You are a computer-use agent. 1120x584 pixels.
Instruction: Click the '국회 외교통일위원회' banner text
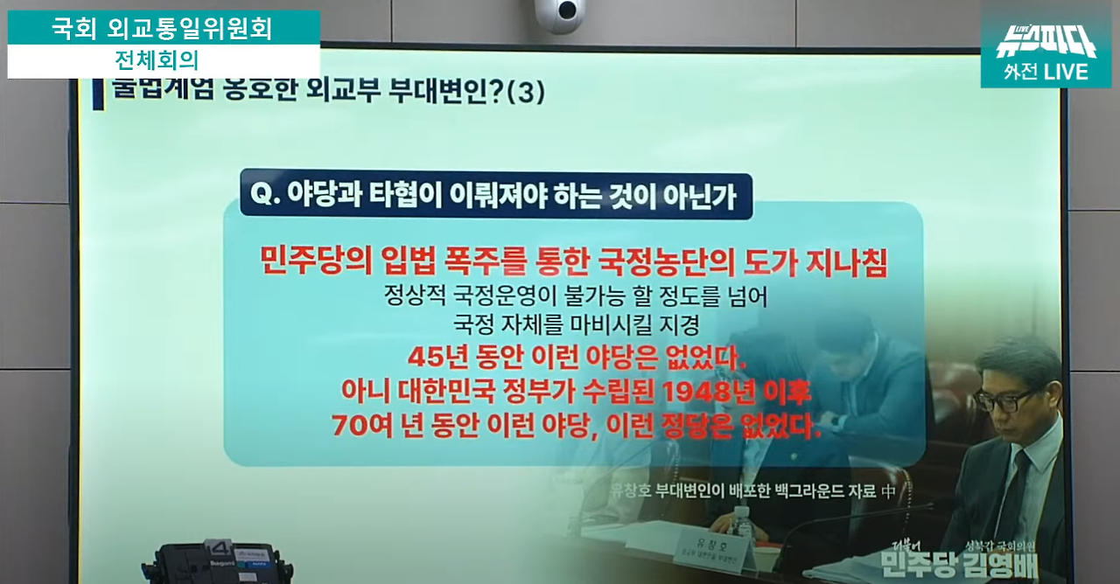click(x=162, y=28)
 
